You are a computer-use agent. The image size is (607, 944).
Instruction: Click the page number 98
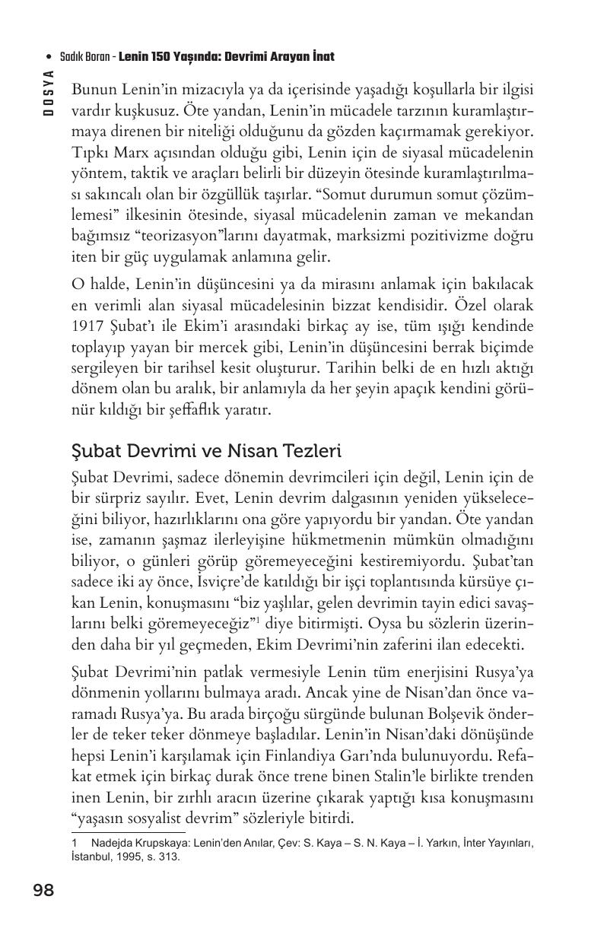point(43,890)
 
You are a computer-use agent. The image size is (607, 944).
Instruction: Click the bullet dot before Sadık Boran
point(49,57)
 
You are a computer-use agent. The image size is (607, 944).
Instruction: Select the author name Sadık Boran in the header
point(84,57)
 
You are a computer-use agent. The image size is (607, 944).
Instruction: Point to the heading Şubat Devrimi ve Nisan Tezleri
point(205,451)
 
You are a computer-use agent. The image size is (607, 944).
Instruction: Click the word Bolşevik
point(451,714)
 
